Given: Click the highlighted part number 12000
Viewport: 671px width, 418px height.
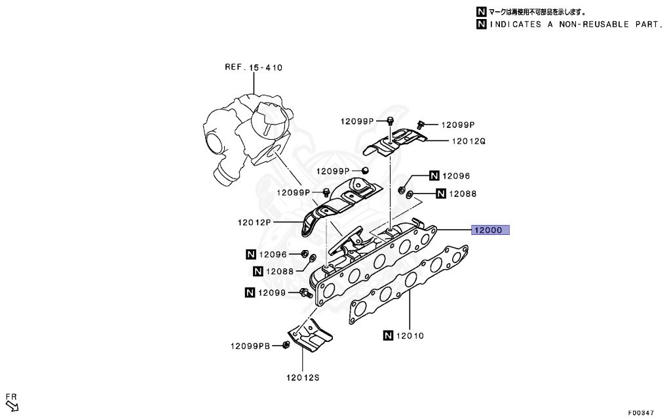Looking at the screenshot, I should coord(488,230).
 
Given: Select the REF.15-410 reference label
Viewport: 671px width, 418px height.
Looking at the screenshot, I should coord(254,67).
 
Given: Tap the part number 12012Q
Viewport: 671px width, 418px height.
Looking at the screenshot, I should coord(468,141).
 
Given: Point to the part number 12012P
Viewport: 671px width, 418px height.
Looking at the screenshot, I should coord(254,222).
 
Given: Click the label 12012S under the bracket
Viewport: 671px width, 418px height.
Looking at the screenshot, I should coord(302,377).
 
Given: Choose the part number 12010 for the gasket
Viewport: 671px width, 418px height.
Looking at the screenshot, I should coord(410,336).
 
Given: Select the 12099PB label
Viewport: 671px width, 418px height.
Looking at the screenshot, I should coord(250,346).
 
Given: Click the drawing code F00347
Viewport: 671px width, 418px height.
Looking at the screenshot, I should coord(640,413).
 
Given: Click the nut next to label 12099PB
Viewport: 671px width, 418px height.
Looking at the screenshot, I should coord(286,345).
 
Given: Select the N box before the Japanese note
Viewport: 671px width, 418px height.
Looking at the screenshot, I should coord(482,12).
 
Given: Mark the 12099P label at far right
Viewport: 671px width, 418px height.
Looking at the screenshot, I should coord(457,125).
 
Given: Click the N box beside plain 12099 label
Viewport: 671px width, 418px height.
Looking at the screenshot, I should coord(250,292).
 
